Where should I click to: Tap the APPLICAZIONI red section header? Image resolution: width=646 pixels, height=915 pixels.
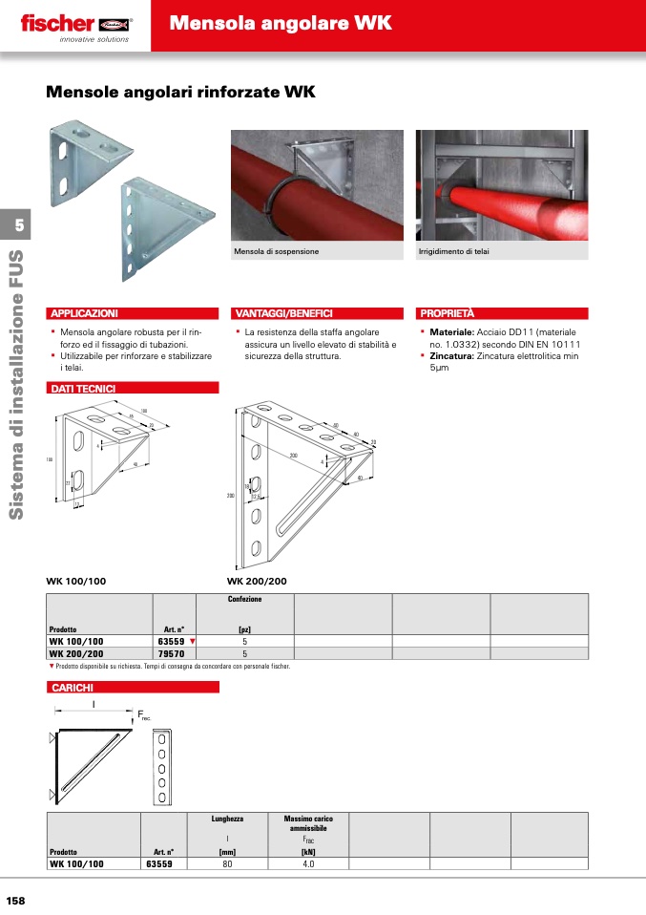(x=84, y=313)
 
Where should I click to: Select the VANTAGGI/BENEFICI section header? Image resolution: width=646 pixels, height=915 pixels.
(x=283, y=313)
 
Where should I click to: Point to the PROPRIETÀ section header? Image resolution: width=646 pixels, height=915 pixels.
(x=448, y=313)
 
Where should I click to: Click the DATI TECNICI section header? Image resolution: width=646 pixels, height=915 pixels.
(x=83, y=389)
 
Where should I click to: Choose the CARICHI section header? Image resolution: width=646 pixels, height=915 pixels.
(x=72, y=688)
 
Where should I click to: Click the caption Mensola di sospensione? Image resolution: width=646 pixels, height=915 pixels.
(x=277, y=251)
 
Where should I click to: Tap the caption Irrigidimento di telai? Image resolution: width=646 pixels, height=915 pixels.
(x=454, y=251)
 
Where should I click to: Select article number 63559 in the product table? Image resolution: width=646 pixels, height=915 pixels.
(x=170, y=642)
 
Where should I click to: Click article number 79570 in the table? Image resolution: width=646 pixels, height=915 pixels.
(x=170, y=654)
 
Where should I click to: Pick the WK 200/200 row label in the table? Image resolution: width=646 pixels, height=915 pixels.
(x=76, y=654)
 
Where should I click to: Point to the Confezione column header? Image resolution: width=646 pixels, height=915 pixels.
(x=245, y=599)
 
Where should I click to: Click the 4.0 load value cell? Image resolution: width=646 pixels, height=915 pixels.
(x=308, y=863)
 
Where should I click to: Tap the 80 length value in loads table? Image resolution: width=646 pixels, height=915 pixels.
(x=227, y=863)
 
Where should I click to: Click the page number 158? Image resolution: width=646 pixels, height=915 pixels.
(x=16, y=901)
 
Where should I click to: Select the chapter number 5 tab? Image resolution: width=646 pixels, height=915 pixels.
(x=16, y=225)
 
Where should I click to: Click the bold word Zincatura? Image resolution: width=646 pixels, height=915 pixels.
(x=451, y=356)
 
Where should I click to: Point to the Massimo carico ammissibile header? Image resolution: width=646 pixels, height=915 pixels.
(x=308, y=823)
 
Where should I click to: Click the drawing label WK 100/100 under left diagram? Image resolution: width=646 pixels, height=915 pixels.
(x=76, y=581)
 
